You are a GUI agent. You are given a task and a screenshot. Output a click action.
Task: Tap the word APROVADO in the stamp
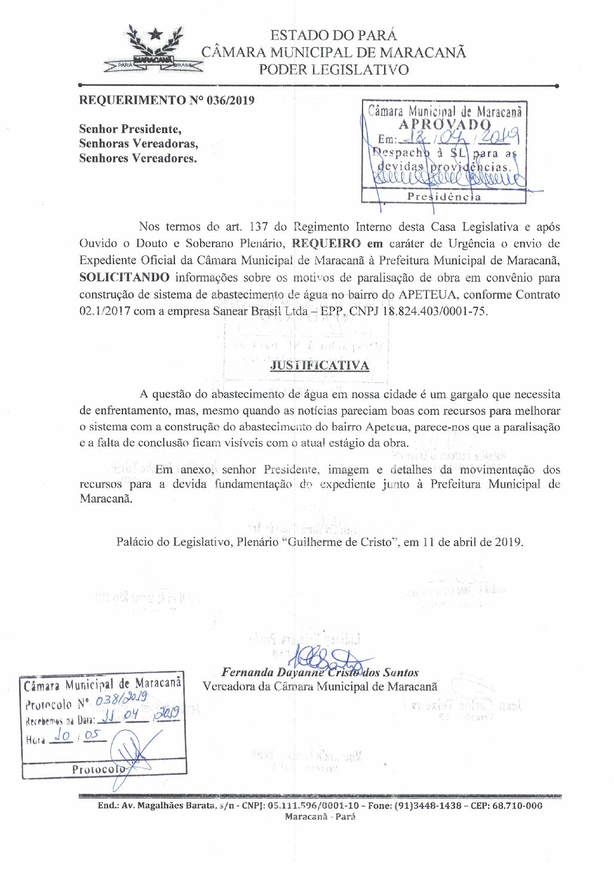point(444,125)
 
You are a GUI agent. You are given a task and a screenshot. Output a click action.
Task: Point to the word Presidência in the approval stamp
point(444,196)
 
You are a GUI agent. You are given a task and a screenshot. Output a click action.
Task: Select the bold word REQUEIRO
point(326,244)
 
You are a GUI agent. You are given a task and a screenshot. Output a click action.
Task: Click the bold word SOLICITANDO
point(124,278)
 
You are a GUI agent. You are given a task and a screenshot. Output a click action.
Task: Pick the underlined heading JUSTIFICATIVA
point(320,365)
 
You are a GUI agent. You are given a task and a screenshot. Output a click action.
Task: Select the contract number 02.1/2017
point(105,311)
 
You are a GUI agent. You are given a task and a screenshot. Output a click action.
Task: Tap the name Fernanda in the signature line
point(248,673)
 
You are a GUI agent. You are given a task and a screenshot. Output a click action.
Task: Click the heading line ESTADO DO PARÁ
point(333,35)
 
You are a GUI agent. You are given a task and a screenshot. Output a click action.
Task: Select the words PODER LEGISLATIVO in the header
point(333,70)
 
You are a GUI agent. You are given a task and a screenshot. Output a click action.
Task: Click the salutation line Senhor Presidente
point(130,129)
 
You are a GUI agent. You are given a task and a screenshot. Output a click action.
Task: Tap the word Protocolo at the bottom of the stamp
point(98,769)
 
